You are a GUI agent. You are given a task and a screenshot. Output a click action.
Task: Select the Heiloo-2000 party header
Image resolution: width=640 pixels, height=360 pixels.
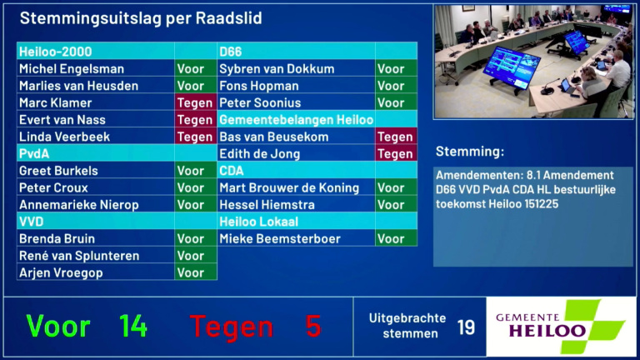(56, 52)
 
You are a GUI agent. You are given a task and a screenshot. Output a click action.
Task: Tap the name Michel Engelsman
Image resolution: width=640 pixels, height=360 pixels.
(72, 69)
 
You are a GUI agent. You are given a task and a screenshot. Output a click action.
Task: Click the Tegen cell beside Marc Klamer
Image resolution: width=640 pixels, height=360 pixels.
(195, 103)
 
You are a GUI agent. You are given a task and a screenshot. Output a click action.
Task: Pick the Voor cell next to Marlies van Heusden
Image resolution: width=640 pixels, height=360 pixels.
(191, 86)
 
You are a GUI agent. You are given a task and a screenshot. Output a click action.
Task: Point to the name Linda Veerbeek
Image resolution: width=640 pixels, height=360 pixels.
(64, 137)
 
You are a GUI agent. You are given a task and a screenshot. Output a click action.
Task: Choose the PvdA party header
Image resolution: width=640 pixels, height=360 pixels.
(35, 153)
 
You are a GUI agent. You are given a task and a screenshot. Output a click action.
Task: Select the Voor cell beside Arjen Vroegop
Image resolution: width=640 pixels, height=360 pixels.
(191, 272)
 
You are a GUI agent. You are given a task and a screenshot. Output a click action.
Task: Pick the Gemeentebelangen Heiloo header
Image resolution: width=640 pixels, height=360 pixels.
(296, 120)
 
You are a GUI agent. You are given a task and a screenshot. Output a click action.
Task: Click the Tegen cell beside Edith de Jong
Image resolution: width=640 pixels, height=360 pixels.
(396, 154)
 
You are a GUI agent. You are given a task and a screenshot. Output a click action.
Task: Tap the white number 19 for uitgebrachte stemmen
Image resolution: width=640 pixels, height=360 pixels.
(466, 327)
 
